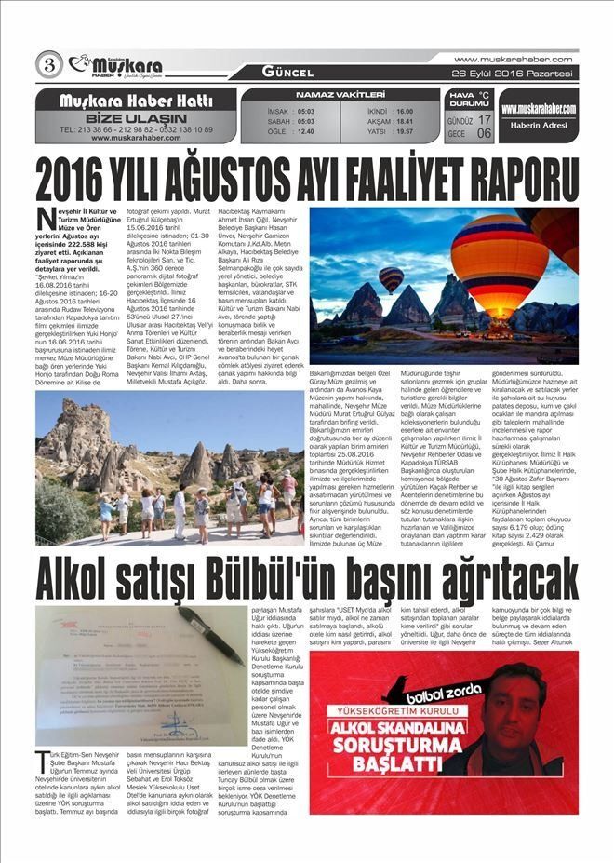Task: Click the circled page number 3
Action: coord(47,64)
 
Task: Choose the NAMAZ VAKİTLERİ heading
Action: coord(340,95)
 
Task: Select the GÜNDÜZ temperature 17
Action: coord(484,120)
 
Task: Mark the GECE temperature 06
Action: coord(484,133)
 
